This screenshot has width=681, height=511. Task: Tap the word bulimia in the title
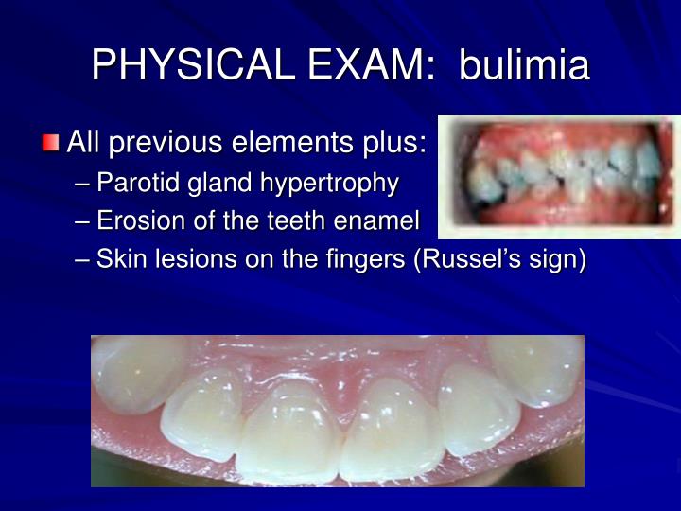[525, 64]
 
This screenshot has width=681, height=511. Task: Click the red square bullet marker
[50, 143]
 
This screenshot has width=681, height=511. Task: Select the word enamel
[376, 220]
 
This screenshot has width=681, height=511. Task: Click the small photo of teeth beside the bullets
[559, 177]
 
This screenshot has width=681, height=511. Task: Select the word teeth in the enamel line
[295, 220]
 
